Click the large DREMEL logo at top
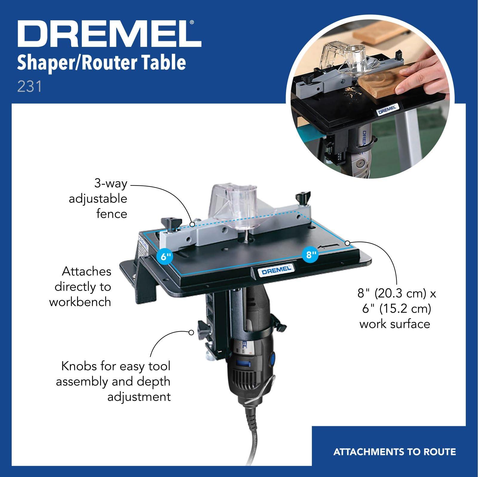(109, 35)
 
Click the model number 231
(29, 87)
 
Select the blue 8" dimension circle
(311, 255)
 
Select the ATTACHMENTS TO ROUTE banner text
(394, 452)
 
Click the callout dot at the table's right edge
(347, 243)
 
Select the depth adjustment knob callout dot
(191, 332)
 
